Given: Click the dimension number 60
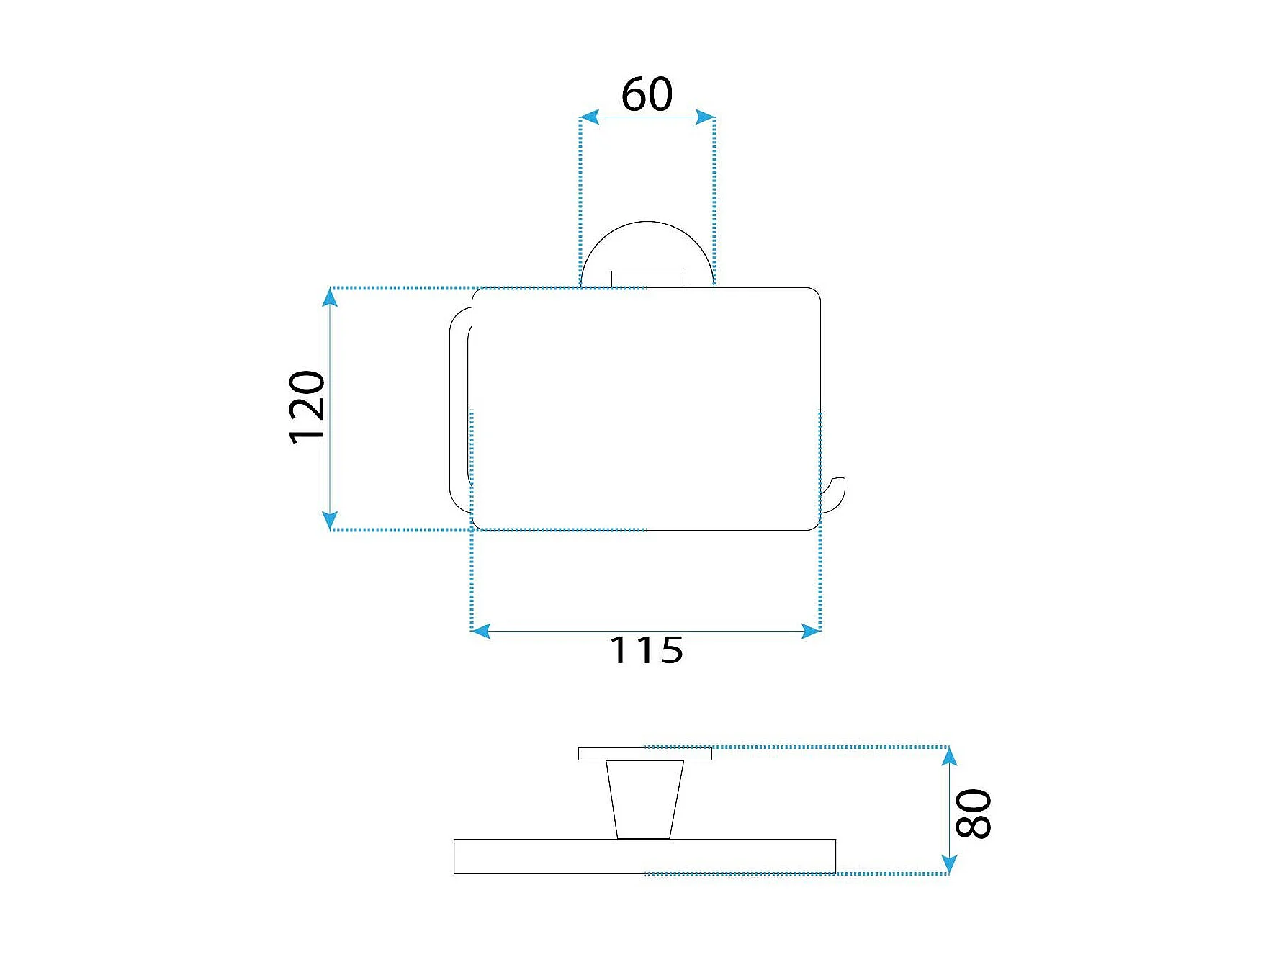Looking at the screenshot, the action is click(x=647, y=94).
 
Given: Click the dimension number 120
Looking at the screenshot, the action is click(x=307, y=407).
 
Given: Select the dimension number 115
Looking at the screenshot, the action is click(x=646, y=650).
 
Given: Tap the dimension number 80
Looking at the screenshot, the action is click(x=974, y=814).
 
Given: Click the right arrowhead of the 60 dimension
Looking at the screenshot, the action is click(x=705, y=117).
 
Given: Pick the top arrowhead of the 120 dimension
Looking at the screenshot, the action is click(x=330, y=297).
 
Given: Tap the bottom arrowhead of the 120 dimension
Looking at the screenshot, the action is click(x=330, y=521).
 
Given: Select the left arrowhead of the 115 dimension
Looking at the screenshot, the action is click(x=480, y=632).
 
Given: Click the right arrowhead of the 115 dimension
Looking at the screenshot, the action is click(x=812, y=632).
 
